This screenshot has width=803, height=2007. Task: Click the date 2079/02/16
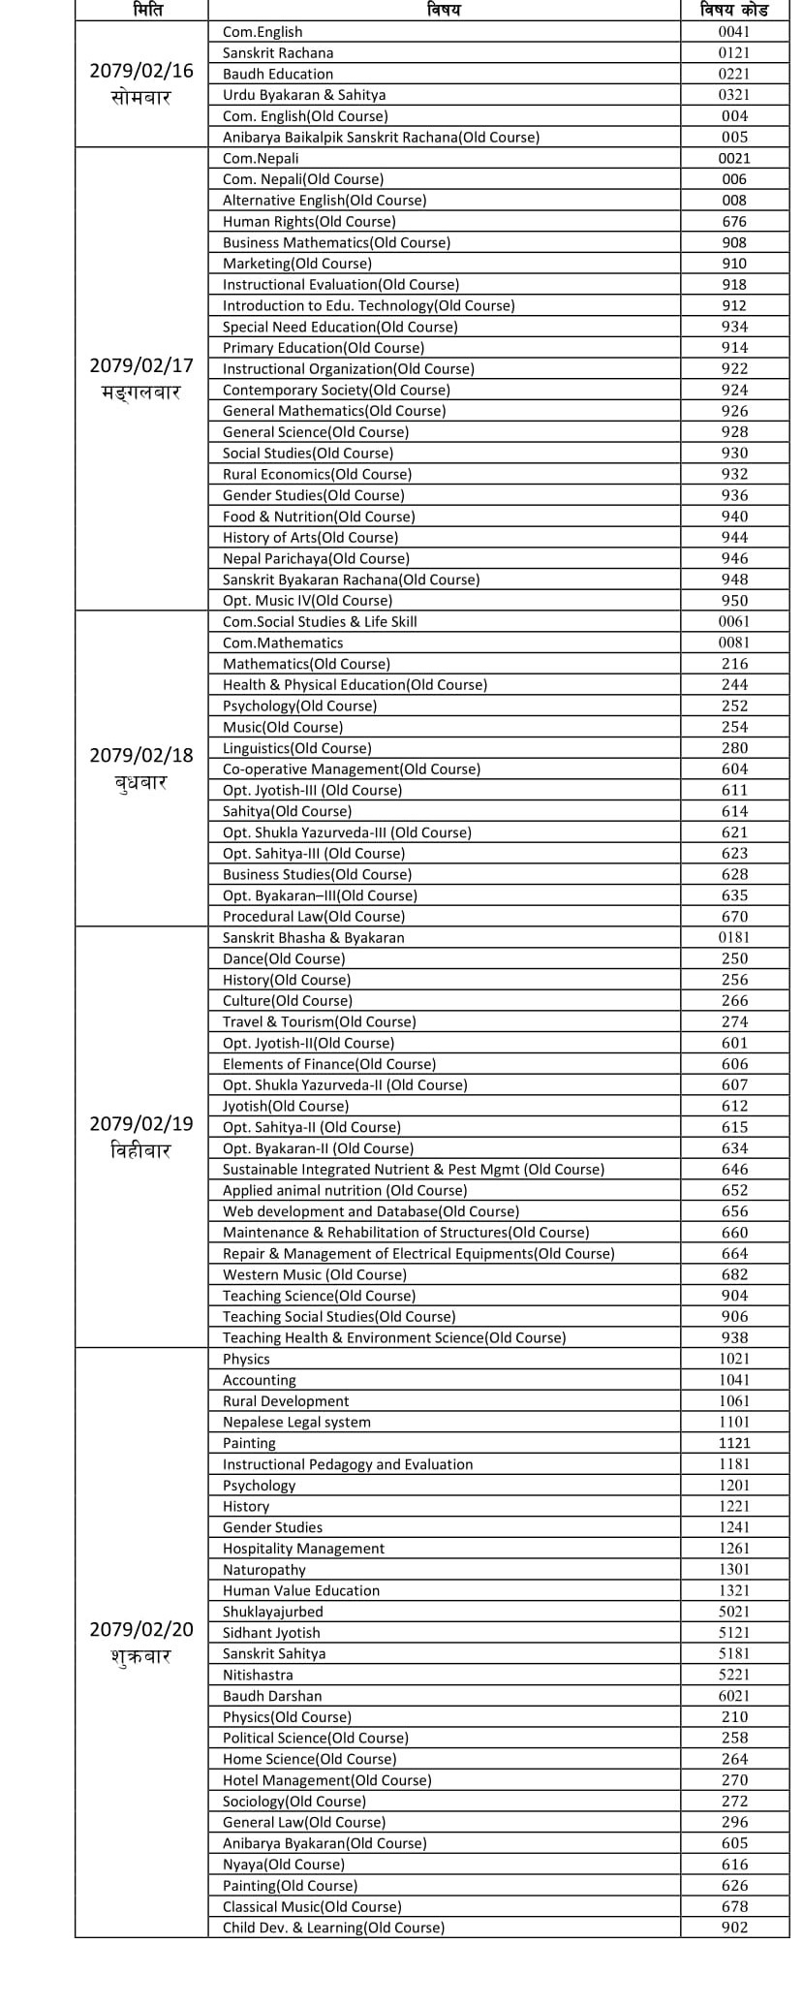pos(141,71)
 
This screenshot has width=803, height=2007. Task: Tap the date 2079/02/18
pos(141,755)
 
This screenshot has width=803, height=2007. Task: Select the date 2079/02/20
pos(141,1629)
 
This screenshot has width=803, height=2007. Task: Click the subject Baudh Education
pos(278,74)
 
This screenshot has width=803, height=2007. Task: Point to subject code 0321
pos(734,95)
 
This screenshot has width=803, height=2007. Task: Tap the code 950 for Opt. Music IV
pos(734,600)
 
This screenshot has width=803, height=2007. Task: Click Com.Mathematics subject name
pos(283,643)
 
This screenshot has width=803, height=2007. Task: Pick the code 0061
pos(734,621)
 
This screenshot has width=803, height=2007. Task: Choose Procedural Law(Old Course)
pos(314,916)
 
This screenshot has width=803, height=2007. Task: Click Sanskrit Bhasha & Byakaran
pos(314,937)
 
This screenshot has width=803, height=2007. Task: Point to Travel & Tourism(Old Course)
pos(319,1021)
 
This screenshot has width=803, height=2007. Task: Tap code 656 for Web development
pos(734,1211)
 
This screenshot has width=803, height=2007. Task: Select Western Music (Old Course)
pos(315,1274)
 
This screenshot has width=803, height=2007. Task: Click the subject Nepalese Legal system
pos(296,1422)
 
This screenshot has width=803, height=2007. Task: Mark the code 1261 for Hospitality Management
pos(734,1549)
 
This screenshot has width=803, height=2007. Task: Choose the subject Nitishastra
pos(258,1675)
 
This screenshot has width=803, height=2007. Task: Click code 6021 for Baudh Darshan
pos(734,1696)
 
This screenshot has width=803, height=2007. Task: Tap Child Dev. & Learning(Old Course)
pos(333,1928)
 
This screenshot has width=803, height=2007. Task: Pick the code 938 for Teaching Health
pos(734,1337)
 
